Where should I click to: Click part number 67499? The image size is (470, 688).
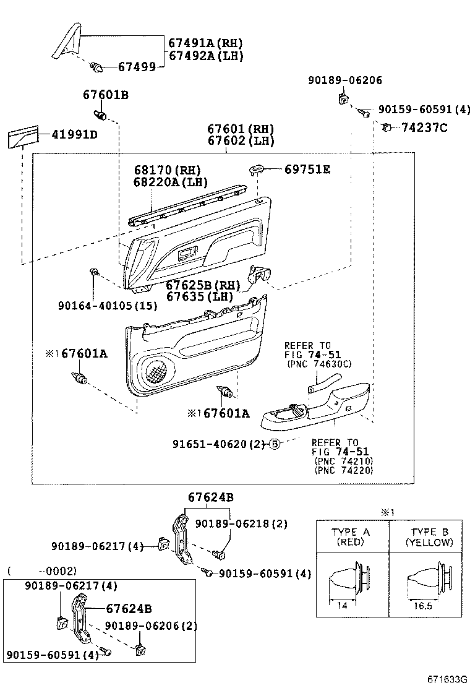[137, 66]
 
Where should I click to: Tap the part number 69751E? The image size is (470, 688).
[307, 169]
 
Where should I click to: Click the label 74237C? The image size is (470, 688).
[424, 128]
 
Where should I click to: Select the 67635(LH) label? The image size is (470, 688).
[199, 296]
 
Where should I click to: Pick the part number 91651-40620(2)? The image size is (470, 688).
[219, 444]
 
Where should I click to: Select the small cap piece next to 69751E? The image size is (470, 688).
[257, 168]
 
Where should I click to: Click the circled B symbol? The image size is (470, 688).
[275, 444]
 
